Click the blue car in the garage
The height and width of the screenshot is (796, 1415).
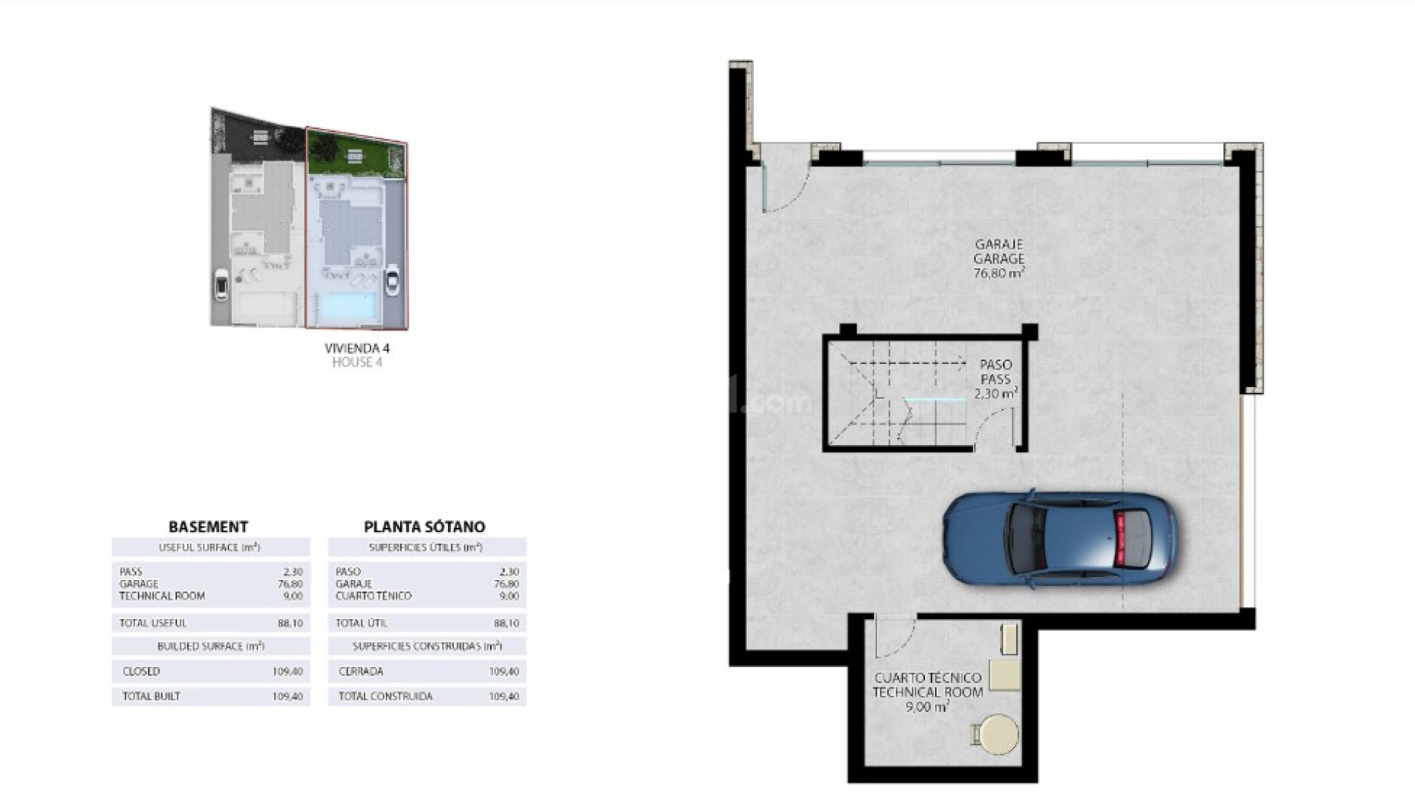(1060, 540)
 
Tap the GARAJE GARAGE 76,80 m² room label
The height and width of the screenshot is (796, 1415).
(999, 258)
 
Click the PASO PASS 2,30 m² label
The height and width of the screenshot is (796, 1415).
(996, 379)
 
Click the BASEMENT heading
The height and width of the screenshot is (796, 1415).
(208, 526)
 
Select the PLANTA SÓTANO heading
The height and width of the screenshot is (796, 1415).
(424, 526)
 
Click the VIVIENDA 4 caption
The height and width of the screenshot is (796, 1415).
(357, 349)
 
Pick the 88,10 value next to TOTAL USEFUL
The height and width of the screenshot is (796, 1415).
(290, 623)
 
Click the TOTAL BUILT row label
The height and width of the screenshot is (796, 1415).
(151, 696)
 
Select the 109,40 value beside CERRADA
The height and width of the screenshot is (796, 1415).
(504, 671)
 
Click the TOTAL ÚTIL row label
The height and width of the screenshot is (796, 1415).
(361, 623)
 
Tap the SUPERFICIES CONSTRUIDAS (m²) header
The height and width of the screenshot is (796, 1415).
(427, 646)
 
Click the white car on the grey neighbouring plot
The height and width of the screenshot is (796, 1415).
(220, 285)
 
